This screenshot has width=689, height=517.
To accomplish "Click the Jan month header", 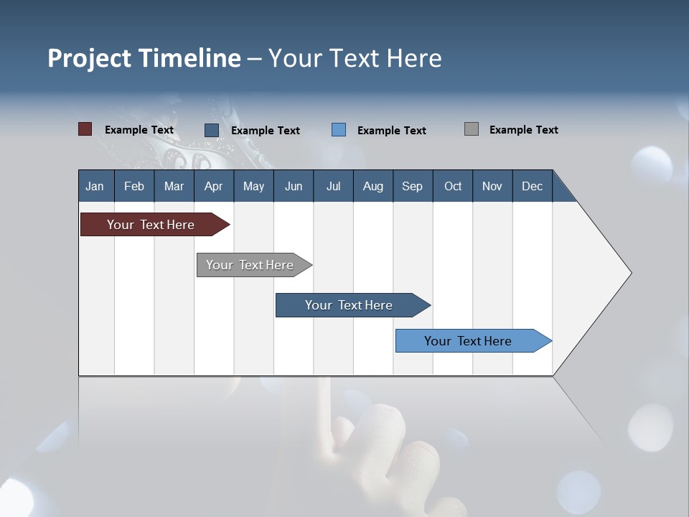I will [x=95, y=186].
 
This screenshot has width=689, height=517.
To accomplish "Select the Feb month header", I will [x=134, y=186].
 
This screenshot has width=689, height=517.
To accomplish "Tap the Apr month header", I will [x=213, y=186].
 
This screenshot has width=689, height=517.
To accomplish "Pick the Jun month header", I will [x=294, y=186].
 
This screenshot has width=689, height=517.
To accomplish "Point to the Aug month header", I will [x=372, y=186].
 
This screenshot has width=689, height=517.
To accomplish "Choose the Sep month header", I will [x=412, y=186].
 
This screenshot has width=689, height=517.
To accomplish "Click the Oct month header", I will [x=453, y=186].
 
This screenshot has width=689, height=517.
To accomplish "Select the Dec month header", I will [x=532, y=186].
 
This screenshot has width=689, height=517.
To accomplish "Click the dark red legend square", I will [x=85, y=129].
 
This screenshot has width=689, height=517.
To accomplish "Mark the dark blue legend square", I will [x=211, y=130].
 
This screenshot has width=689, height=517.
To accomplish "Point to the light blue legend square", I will [x=339, y=130].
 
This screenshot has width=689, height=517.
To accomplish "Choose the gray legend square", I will [x=471, y=129].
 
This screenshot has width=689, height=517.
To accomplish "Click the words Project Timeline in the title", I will [x=144, y=57].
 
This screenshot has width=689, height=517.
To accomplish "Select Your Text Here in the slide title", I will [x=355, y=57].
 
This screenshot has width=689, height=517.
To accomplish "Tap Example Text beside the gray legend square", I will [x=523, y=129].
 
